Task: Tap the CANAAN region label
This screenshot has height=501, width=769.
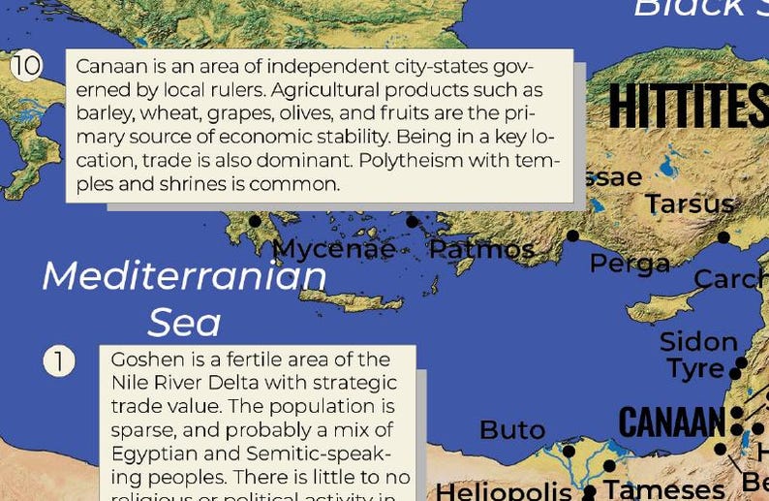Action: pos(671,423)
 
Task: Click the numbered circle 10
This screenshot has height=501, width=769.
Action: pos(26,66)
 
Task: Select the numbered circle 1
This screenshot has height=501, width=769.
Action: pos(58,361)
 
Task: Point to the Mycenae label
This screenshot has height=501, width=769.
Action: pos(334,249)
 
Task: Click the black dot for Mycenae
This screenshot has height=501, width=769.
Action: pos(255,221)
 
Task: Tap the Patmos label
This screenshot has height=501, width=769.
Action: pos(481,249)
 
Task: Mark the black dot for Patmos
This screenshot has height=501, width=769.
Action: pos(412,222)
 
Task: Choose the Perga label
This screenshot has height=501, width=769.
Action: pos(630,263)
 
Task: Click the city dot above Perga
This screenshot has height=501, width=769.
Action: pos(572,235)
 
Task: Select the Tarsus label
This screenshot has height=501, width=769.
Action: pos(690,204)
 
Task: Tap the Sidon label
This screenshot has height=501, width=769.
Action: pos(698,342)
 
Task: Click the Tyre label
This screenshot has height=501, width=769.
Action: pos(695,368)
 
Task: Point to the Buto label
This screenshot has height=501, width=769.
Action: pos(512,429)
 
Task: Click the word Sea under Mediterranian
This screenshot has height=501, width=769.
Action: pos(184,322)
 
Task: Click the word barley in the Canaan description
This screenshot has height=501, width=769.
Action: pos(103,112)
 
